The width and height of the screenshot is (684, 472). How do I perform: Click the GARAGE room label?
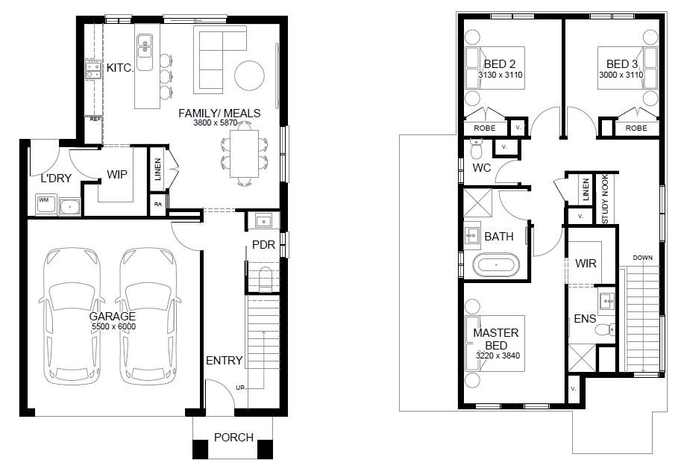(x=112, y=316)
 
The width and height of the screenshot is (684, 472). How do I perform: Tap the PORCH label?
(x=233, y=437)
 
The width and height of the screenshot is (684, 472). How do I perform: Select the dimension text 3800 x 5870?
(x=216, y=122)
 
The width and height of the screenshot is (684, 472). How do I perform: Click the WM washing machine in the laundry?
(x=46, y=203)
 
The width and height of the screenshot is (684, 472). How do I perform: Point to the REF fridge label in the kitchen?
(x=95, y=119)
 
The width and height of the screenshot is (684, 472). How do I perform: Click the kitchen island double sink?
(x=145, y=47)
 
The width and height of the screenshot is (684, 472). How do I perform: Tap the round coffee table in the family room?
(x=249, y=75)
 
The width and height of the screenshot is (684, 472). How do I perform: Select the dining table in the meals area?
(x=245, y=153)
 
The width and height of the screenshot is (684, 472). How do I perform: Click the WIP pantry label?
(x=117, y=175)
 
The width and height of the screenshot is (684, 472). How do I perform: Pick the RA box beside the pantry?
(x=158, y=205)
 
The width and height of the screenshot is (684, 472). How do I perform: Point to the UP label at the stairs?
(x=240, y=388)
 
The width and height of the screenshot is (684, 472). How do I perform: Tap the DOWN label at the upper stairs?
(x=642, y=258)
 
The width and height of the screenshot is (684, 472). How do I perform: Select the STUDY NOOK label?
(x=605, y=199)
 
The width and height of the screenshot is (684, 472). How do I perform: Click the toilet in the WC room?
(x=476, y=149)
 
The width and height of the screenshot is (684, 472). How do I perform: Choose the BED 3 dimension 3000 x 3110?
(x=621, y=75)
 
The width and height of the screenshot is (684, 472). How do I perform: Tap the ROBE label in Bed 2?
(x=485, y=128)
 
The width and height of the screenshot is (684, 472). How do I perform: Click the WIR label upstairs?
(x=586, y=264)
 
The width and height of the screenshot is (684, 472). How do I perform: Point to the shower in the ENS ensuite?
(x=581, y=358)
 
